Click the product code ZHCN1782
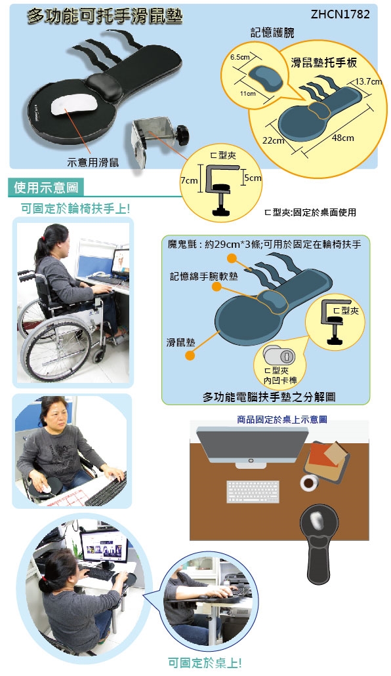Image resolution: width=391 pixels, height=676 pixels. point(340,14)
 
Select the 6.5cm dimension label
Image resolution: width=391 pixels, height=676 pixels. point(240,57)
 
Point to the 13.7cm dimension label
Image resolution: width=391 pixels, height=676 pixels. point(368,81)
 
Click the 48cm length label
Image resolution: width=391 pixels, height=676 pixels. point(343,138)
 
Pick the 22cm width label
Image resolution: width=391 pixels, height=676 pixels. point(273,140)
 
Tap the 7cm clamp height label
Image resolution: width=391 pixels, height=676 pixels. point(188,181)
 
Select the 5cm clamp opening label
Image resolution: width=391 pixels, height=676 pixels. point(253,178)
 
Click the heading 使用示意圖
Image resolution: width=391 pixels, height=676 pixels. point(46,188)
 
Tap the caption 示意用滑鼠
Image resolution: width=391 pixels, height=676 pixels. point(93,163)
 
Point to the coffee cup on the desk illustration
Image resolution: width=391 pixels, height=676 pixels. point(309,483)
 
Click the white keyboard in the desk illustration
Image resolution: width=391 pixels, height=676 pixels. point(253,492)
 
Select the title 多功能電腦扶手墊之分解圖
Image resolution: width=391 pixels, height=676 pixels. point(269,397)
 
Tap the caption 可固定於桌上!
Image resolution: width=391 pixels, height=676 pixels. point(205,663)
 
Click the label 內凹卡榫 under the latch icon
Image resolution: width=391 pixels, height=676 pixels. point(281,380)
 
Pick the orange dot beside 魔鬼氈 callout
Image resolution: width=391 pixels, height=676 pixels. point(232,258)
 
